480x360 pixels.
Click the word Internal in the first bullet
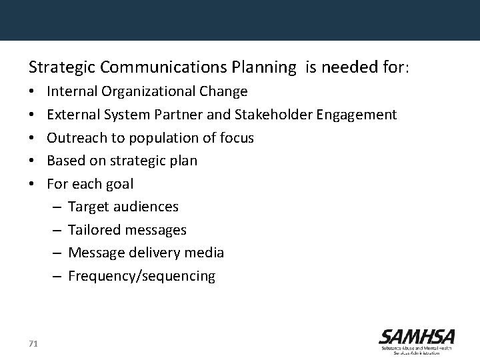coord(71,91)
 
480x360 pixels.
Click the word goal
coord(118,184)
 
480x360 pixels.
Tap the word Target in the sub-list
coord(88,207)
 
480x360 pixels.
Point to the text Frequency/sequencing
coord(141,276)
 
